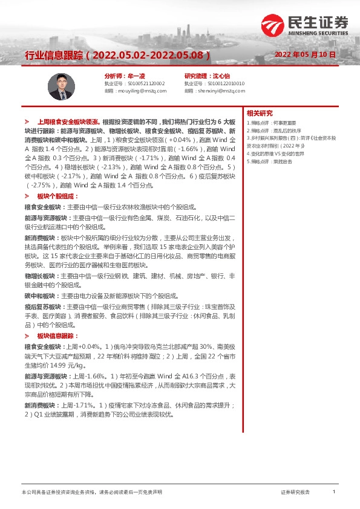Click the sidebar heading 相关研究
pyautogui.click(x=260, y=113)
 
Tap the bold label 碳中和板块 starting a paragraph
pyautogui.click(x=40, y=296)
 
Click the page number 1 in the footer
pyautogui.click(x=334, y=493)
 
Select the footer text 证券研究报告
pyautogui.click(x=295, y=493)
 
